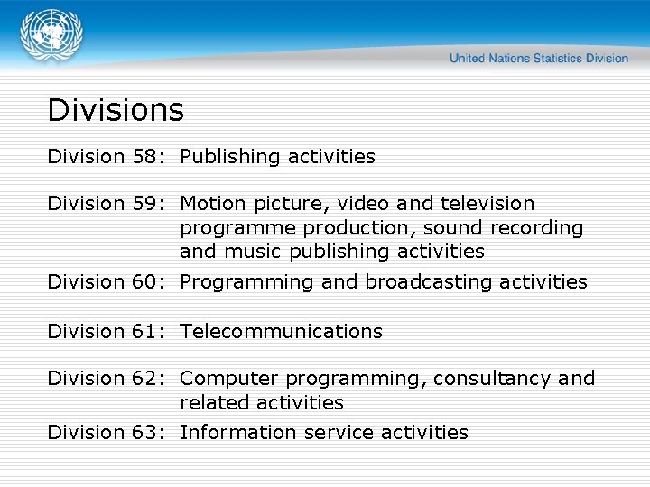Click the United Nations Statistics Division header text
(539, 59)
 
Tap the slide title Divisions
(116, 110)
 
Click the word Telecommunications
(281, 332)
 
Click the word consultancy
(492, 379)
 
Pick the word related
(215, 402)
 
